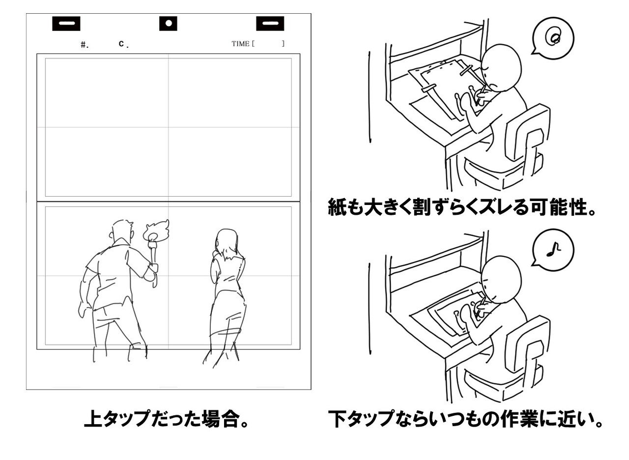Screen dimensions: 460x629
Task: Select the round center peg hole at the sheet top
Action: pos(168,23)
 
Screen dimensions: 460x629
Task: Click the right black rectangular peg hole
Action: pos(270,23)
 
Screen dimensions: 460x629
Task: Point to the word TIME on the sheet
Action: pos(241,44)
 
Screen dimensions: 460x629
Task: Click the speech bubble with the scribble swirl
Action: pos(553,37)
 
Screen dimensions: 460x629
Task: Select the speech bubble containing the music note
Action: pos(553,250)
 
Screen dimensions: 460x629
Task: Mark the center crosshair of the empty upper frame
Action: pos(168,127)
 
